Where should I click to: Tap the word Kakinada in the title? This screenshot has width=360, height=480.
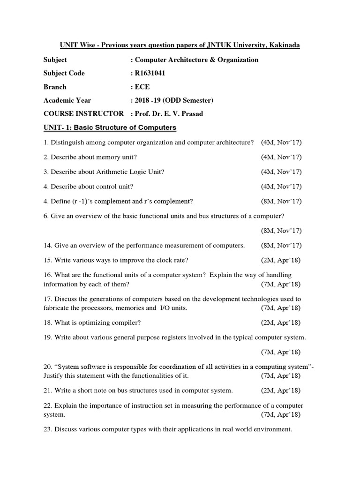[x=284, y=45]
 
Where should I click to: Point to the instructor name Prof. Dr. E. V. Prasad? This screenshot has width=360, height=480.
[x=170, y=114]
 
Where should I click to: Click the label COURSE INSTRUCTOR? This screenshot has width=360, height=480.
[x=83, y=114]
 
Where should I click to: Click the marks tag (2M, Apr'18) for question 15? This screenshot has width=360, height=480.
[x=281, y=260]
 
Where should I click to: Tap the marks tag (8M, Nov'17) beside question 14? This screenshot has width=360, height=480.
[x=281, y=246]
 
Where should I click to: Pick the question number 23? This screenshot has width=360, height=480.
[x=47, y=429]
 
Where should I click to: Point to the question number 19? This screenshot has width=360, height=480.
[x=47, y=337]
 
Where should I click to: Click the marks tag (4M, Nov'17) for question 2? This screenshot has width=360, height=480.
[x=281, y=157]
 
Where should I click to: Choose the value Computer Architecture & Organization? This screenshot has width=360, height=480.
[x=196, y=60]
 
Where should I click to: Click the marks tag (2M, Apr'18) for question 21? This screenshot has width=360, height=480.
[x=281, y=390]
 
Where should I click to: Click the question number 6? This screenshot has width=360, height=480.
[x=45, y=216]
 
